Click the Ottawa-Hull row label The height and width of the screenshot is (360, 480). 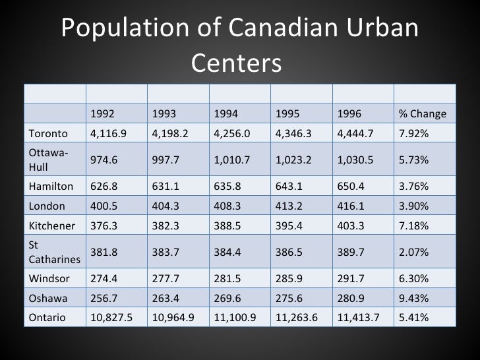click(x=42, y=159)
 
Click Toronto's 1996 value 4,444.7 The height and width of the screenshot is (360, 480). click(x=354, y=134)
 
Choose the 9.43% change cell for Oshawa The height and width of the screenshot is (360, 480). click(x=413, y=297)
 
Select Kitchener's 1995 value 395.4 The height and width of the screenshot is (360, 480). click(x=288, y=225)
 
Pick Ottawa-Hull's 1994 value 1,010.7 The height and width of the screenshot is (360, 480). click(x=230, y=160)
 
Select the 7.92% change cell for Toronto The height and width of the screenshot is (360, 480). click(x=413, y=134)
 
